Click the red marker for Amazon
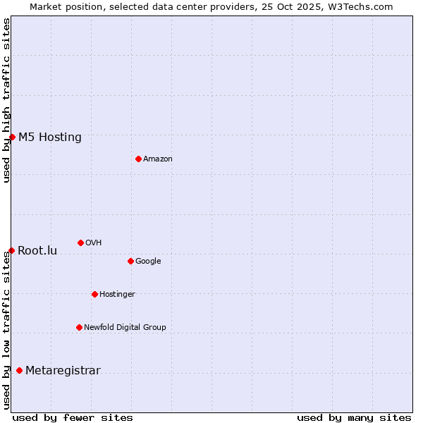point(138,159)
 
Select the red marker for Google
point(130,261)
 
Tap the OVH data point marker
point(80,243)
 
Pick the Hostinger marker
point(94,294)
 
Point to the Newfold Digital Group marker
point(79,327)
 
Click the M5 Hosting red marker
point(12,137)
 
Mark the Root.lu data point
point(11,250)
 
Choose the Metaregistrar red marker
point(19,370)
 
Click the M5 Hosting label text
point(50,137)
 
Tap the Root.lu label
point(37,250)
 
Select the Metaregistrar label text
point(63,370)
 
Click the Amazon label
point(158,159)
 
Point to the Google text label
point(148,261)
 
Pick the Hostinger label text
point(117,294)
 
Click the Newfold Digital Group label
point(125,327)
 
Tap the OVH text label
point(93,243)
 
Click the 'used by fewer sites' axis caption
point(73,417)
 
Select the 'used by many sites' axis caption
point(354,417)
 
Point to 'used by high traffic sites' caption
point(6,100)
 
